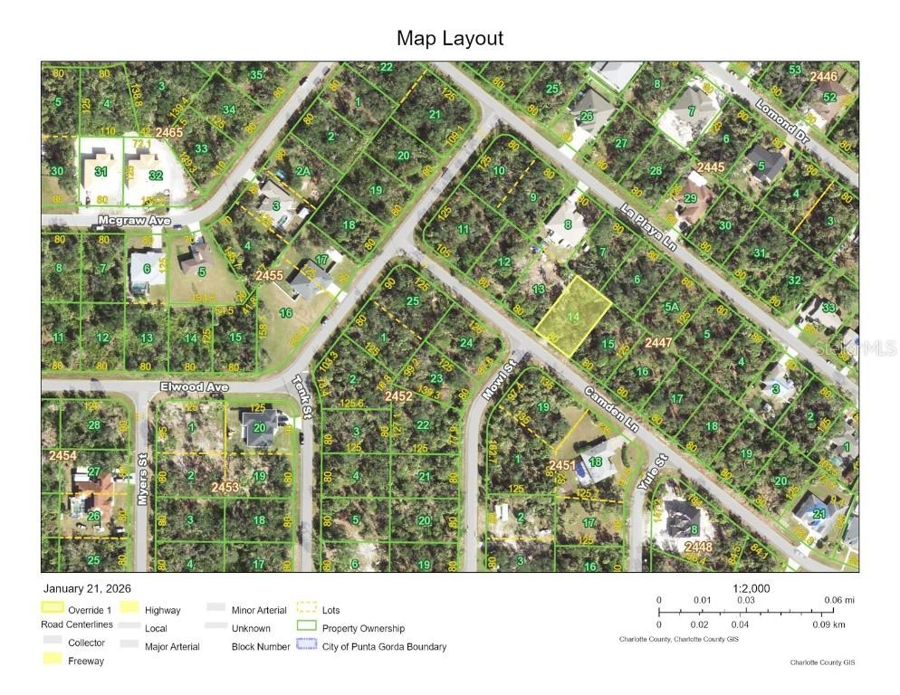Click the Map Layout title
(x=449, y=38)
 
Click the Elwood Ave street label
(x=193, y=386)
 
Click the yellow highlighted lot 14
(x=572, y=316)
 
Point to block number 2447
(x=684, y=343)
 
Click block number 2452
(x=398, y=395)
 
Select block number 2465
(x=168, y=133)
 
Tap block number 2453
(x=225, y=488)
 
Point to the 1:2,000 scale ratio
(x=751, y=588)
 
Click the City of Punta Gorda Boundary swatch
(x=307, y=646)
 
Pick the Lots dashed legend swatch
(x=307, y=610)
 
